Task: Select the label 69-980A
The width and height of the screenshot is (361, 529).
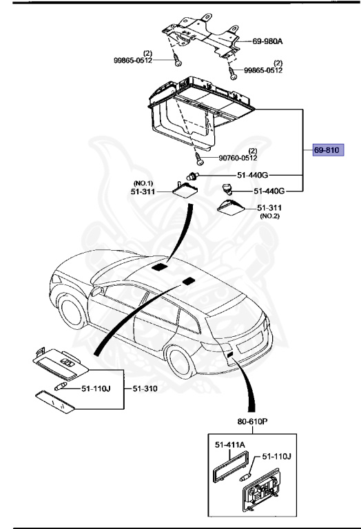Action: tap(267, 41)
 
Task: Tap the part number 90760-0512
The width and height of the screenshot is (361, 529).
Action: tap(238, 158)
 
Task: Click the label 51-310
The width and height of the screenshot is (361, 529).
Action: tap(145, 388)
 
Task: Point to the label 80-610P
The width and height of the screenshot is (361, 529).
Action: tap(253, 422)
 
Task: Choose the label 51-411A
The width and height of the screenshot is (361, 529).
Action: tap(229, 445)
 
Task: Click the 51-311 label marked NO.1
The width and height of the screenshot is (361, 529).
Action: tap(143, 191)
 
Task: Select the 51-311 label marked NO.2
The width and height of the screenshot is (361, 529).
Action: tap(269, 208)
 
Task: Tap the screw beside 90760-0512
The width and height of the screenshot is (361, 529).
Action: tap(198, 158)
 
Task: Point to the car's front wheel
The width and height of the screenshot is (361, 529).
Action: tap(72, 311)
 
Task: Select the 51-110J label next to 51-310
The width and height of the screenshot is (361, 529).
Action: tap(96, 388)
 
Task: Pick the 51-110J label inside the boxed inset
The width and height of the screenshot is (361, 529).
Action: tap(277, 457)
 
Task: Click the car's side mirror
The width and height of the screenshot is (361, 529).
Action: tap(97, 291)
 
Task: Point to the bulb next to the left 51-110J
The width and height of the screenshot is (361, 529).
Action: tap(61, 387)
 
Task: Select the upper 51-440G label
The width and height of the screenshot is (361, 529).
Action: tap(253, 175)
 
